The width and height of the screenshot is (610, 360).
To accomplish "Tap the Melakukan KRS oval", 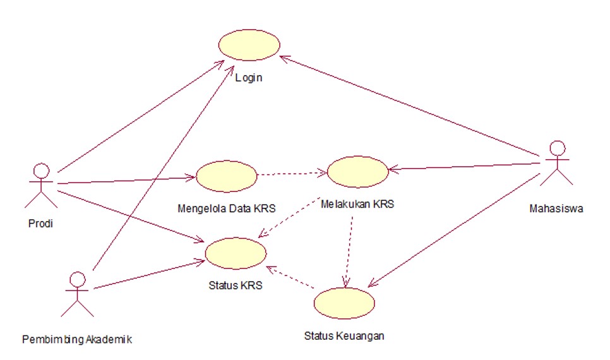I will click(357, 172).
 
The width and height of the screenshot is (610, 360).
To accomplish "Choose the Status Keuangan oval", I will click(344, 303).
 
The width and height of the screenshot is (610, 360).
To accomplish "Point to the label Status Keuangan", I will click(344, 335).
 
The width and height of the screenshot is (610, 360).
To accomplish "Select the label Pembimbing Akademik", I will click(77, 339).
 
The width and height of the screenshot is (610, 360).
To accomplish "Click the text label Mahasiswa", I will click(556, 209).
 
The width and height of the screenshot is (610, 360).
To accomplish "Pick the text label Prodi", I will click(40, 224).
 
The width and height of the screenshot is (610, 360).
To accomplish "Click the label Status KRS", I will click(236, 285).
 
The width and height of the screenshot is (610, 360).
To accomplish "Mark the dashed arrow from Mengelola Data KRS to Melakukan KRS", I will click(292, 173).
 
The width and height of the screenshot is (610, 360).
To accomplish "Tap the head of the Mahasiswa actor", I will click(556, 148).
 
